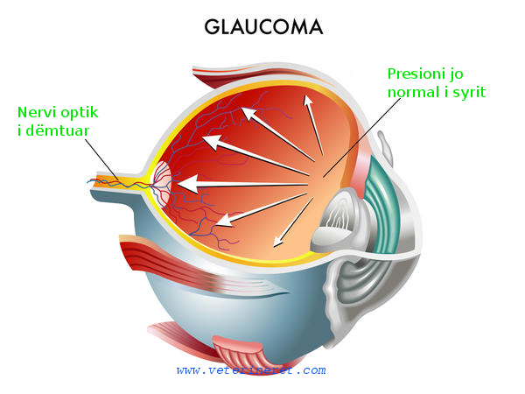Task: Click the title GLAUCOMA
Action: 263,27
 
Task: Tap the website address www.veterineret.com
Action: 250,371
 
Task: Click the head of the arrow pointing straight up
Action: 307,102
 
